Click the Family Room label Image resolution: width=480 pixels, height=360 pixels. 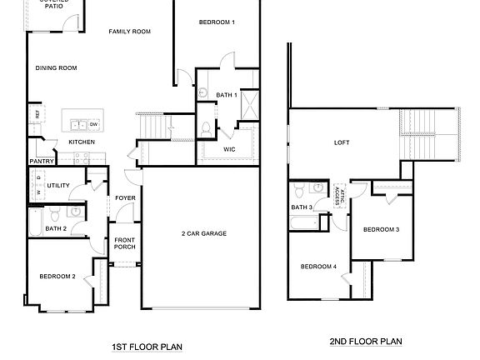[129, 31]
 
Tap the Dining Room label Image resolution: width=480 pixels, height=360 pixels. [56, 68]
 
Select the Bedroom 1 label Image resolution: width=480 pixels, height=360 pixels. [217, 22]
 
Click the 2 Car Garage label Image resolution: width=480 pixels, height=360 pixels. [204, 233]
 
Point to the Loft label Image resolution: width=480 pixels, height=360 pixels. [342, 142]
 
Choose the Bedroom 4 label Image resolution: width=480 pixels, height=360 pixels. [318, 267]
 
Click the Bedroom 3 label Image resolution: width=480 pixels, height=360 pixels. [381, 229]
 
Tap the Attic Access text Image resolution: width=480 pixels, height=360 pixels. [338, 196]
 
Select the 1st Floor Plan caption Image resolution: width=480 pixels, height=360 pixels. [147, 347]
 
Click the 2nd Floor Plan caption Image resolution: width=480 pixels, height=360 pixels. [367, 341]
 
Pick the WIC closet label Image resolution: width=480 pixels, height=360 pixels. [229, 149]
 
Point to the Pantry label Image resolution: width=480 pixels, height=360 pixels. [42, 162]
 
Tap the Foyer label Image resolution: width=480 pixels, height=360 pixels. [125, 197]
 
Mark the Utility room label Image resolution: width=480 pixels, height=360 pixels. [57, 185]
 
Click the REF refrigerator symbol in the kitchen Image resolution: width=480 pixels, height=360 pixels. [37, 113]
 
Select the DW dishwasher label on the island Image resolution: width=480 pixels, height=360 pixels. [94, 125]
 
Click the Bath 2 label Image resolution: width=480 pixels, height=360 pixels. [56, 228]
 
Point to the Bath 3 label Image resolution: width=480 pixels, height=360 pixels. [302, 207]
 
